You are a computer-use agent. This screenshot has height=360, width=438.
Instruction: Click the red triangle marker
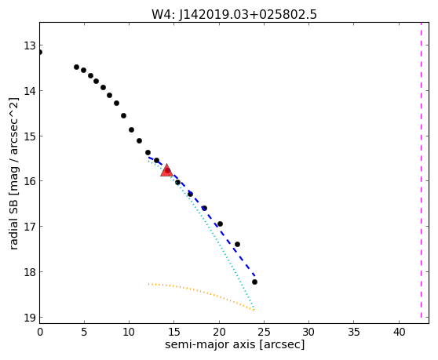click(x=166, y=170)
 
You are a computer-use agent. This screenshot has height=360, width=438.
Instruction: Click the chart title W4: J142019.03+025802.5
click(x=234, y=14)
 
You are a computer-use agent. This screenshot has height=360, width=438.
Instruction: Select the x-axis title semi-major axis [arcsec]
click(x=235, y=344)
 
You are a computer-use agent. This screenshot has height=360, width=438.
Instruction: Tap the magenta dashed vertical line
click(x=421, y=170)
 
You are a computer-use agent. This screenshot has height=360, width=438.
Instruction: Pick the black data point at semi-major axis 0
click(x=40, y=53)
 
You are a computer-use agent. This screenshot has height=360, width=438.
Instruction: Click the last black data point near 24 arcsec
click(x=254, y=282)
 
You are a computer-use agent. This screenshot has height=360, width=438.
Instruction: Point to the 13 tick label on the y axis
click(x=29, y=45)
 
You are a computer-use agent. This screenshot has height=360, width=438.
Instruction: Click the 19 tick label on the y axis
click(x=29, y=318)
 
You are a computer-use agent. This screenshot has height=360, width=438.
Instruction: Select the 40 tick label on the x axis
click(x=399, y=332)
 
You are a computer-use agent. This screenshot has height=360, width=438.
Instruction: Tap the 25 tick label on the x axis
click(x=264, y=332)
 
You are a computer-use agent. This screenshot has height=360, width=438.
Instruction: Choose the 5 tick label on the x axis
click(x=84, y=332)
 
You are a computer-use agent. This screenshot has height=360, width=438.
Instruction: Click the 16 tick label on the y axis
click(x=29, y=181)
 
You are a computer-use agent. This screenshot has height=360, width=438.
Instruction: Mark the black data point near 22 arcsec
click(x=237, y=244)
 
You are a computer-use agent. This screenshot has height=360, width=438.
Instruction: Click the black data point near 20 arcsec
click(x=220, y=224)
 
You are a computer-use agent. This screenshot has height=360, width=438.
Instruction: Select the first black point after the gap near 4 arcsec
click(x=77, y=67)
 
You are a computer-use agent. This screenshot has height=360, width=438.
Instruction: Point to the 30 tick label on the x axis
click(x=309, y=332)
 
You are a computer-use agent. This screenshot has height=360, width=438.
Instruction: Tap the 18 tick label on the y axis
click(x=29, y=272)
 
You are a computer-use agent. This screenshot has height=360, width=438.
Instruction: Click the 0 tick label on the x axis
click(x=40, y=332)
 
